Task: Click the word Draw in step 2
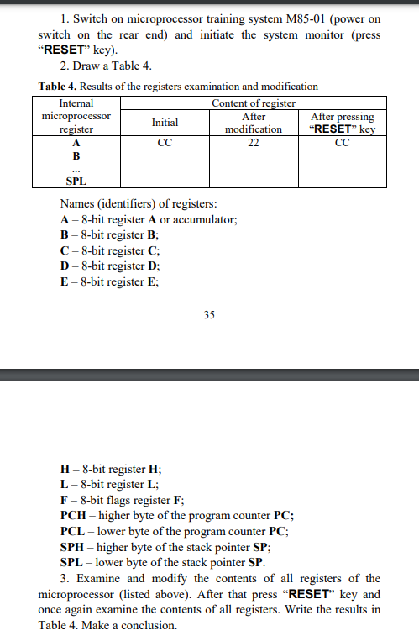click(88, 66)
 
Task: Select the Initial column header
click(165, 123)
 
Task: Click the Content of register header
click(253, 103)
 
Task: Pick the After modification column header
click(254, 123)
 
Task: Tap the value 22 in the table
click(254, 142)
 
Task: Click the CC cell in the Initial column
click(165, 142)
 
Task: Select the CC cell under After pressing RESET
click(341, 142)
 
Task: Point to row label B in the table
click(76, 155)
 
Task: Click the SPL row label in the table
click(76, 181)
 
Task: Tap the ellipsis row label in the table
click(76, 168)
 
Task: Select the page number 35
click(209, 315)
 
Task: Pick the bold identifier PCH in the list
click(74, 516)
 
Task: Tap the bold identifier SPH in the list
click(74, 547)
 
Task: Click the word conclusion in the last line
click(149, 625)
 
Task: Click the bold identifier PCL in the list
click(73, 532)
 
